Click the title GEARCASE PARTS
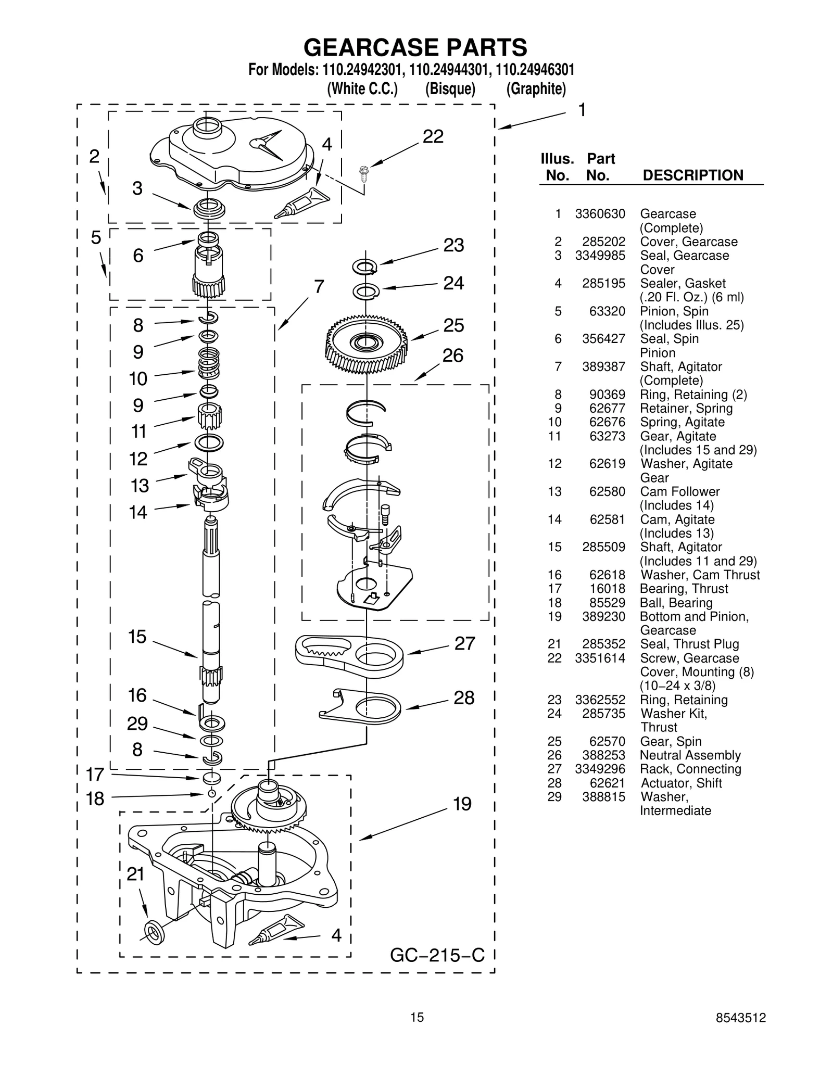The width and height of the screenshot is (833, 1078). (x=415, y=47)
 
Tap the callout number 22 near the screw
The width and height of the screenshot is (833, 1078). (x=433, y=136)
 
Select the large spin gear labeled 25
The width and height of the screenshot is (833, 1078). (x=367, y=344)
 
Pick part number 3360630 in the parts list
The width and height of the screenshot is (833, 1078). (x=600, y=214)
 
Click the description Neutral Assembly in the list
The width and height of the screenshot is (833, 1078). (x=690, y=755)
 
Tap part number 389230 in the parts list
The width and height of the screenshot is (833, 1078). (x=603, y=616)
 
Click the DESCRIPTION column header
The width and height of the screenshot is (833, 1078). (x=693, y=175)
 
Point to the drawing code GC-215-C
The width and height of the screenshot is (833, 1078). (x=437, y=955)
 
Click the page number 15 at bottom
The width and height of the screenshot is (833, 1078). (x=416, y=1018)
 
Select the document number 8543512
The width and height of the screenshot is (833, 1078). (x=740, y=1018)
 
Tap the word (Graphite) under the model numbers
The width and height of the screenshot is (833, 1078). (x=536, y=89)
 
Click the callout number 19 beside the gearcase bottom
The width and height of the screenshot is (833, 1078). (x=462, y=804)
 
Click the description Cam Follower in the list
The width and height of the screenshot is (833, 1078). (x=679, y=491)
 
